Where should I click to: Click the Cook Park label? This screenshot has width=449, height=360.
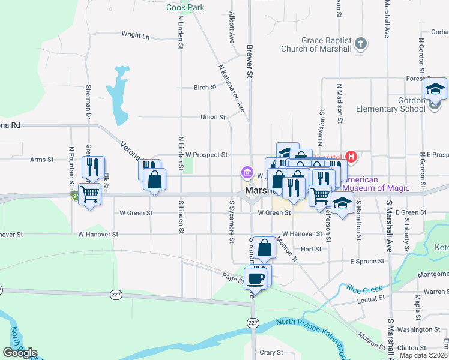point(185,8)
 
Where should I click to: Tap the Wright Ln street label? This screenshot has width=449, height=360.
point(135,35)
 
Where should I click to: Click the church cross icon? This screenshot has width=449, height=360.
point(360,43)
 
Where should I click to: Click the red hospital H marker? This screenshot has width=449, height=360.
point(351,158)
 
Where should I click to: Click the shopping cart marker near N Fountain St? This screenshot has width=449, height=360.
point(89,193)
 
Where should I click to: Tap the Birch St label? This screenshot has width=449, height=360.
point(200,88)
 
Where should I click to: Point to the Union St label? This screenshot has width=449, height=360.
point(212,117)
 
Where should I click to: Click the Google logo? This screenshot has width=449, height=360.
point(20,353)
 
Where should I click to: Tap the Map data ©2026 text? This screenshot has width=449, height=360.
point(423,355)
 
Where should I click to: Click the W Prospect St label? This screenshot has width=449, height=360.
point(206,155)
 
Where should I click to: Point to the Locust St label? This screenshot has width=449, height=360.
point(370,299)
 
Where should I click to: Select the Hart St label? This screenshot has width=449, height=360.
point(312,249)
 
